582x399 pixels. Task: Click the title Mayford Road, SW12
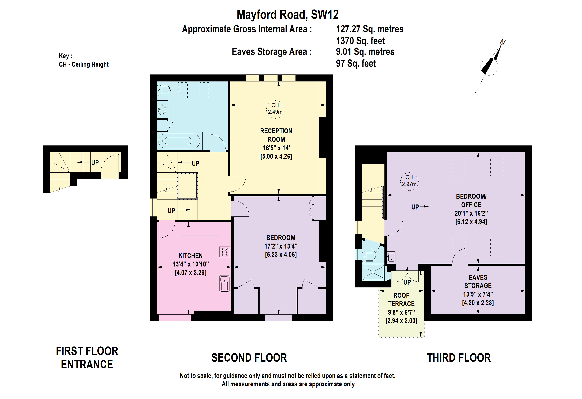click(x=288, y=14)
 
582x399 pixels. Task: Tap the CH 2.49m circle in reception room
click(x=275, y=109)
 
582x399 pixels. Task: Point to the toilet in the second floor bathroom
click(x=164, y=90)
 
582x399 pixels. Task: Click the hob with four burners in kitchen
click(x=224, y=252)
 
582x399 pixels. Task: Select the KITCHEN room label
click(x=190, y=256)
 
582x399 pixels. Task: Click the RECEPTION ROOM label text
click(x=276, y=135)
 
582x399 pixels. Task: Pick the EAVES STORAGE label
click(x=478, y=281)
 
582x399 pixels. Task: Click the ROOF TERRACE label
click(x=401, y=300)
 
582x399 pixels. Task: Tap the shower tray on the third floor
click(x=373, y=272)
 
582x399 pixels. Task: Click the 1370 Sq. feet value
click(x=360, y=41)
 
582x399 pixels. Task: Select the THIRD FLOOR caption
click(x=459, y=357)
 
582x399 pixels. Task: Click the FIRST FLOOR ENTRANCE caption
click(x=87, y=357)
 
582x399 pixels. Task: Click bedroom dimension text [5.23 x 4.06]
click(x=281, y=255)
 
